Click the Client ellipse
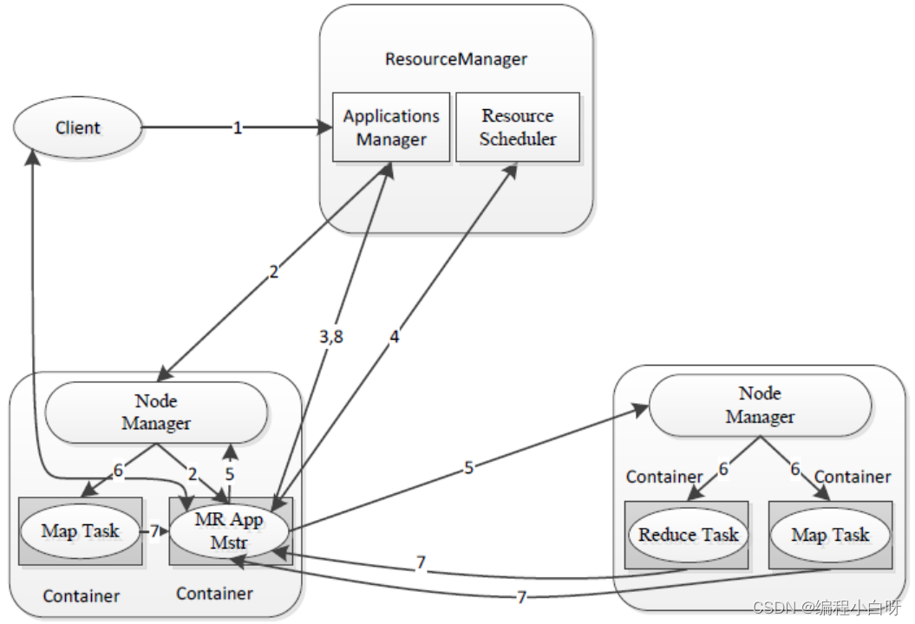coord(77,128)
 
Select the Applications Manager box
coord(391,127)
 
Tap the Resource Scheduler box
coord(518,127)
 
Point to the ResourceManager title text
coord(456,60)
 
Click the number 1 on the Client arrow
coord(237,128)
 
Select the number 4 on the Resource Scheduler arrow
coord(395,338)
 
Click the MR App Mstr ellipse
coord(229,530)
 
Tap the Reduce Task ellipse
coord(689,535)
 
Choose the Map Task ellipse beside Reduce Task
coord(830,535)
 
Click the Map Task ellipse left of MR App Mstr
coord(80,530)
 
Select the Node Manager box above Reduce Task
coord(760,406)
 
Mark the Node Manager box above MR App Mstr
coord(156,413)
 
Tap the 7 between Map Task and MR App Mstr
coord(154,530)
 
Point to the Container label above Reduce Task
coord(664,478)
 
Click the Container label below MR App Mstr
coord(214,594)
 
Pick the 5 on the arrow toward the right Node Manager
coord(468,467)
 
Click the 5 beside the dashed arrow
coord(230,474)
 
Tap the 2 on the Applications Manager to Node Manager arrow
coord(274,272)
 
